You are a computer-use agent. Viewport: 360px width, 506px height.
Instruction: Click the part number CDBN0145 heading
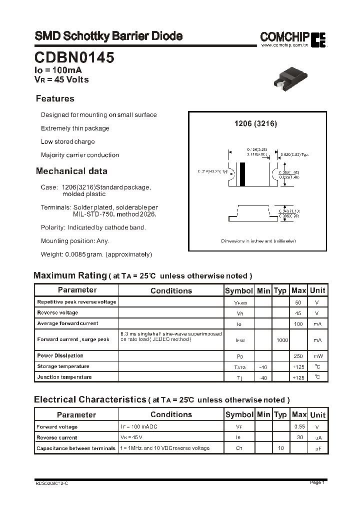point(74,58)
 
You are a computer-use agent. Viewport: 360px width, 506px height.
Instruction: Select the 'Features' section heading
point(55,98)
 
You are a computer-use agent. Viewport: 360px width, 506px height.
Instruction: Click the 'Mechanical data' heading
point(71,171)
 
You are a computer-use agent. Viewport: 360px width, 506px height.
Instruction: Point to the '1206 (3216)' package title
point(255,123)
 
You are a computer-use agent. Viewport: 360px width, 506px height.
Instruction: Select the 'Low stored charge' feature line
point(67,141)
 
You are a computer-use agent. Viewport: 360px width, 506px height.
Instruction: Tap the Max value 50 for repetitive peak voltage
point(298,302)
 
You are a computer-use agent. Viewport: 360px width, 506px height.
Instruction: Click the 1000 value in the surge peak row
point(282,340)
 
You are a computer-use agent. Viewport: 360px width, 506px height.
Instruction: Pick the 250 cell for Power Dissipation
point(298,356)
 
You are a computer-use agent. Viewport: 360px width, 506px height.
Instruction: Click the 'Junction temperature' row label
point(64,377)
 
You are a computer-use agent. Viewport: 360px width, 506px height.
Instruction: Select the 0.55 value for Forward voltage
point(298,427)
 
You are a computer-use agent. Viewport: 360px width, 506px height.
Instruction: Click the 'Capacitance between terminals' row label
point(76,448)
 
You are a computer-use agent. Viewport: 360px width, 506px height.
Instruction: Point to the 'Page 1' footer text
point(317,482)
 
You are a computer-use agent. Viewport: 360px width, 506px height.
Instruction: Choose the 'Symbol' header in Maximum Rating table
point(239,290)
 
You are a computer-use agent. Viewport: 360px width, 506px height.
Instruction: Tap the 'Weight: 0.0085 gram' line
point(96,254)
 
